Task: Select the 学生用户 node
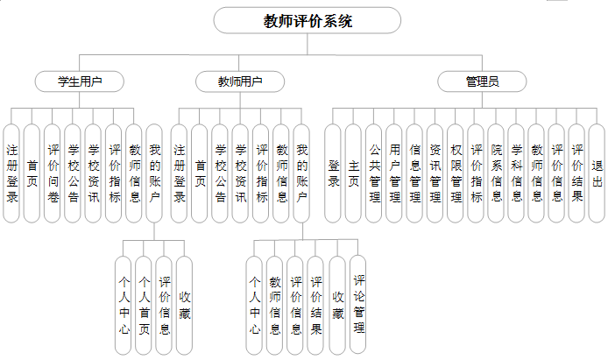79,81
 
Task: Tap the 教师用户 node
239,81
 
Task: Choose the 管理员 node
482,81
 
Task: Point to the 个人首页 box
144,304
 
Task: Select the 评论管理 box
358,304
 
